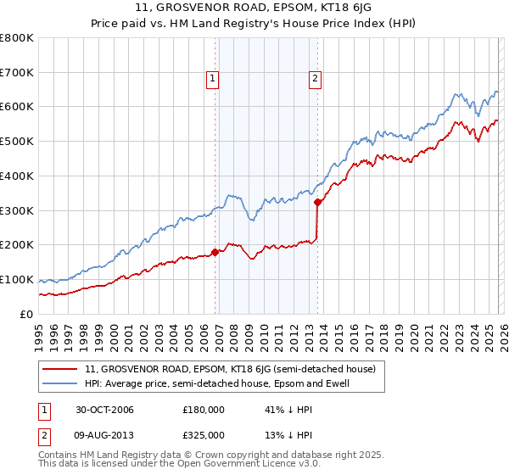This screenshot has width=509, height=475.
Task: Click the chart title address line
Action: tap(254, 9)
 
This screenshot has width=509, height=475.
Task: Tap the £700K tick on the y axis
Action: tap(17, 73)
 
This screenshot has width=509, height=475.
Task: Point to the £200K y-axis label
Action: tap(17, 245)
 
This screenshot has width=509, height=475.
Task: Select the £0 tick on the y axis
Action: tap(26, 314)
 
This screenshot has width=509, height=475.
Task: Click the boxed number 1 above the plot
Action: tap(212, 80)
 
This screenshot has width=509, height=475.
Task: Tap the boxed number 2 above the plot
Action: tap(315, 80)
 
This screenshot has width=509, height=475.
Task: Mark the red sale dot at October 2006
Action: tap(215, 252)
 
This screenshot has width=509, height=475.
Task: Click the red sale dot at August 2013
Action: tap(317, 202)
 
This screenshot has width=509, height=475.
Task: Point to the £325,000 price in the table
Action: tap(203, 434)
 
